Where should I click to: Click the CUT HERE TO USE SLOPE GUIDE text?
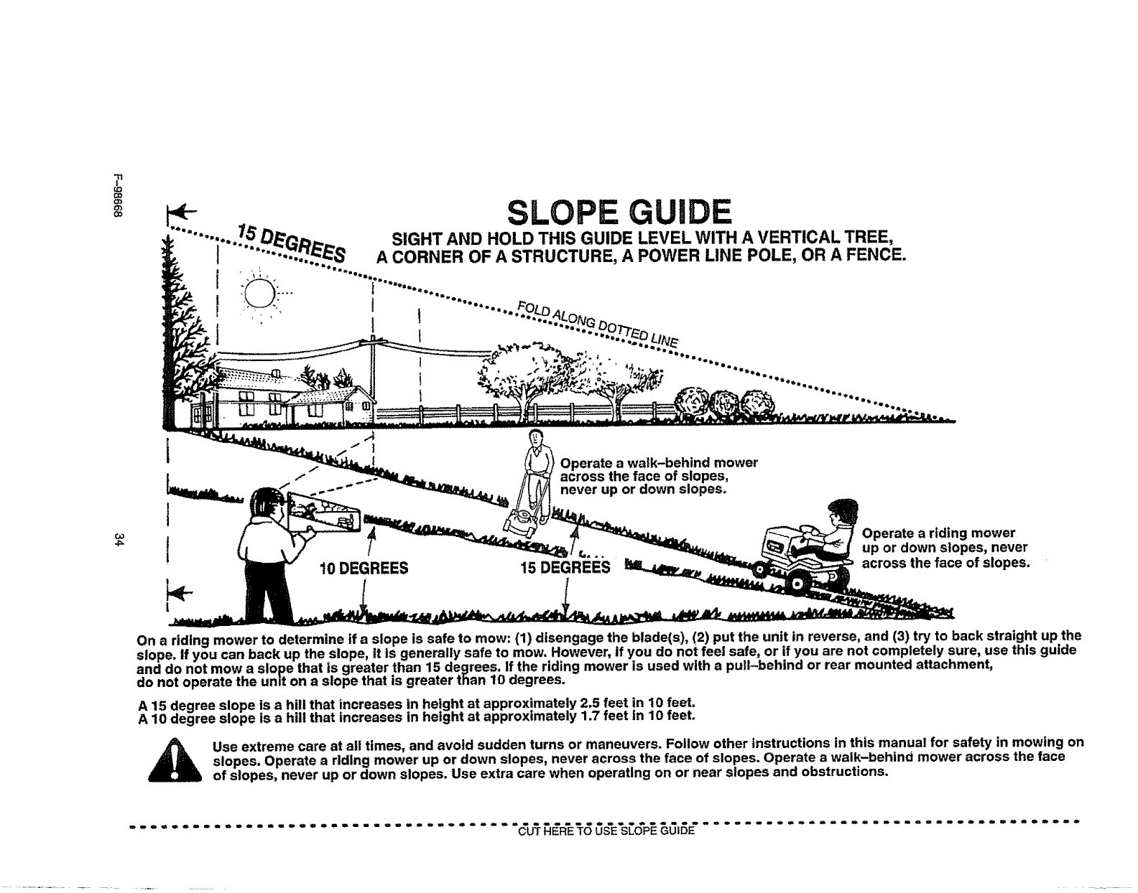click(x=605, y=833)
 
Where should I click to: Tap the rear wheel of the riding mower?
click(x=797, y=586)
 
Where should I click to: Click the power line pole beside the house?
click(x=374, y=359)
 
